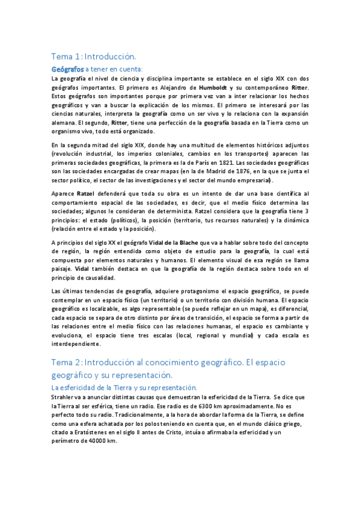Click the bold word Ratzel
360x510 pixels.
tap(86, 194)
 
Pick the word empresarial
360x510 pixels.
tap(253, 180)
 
